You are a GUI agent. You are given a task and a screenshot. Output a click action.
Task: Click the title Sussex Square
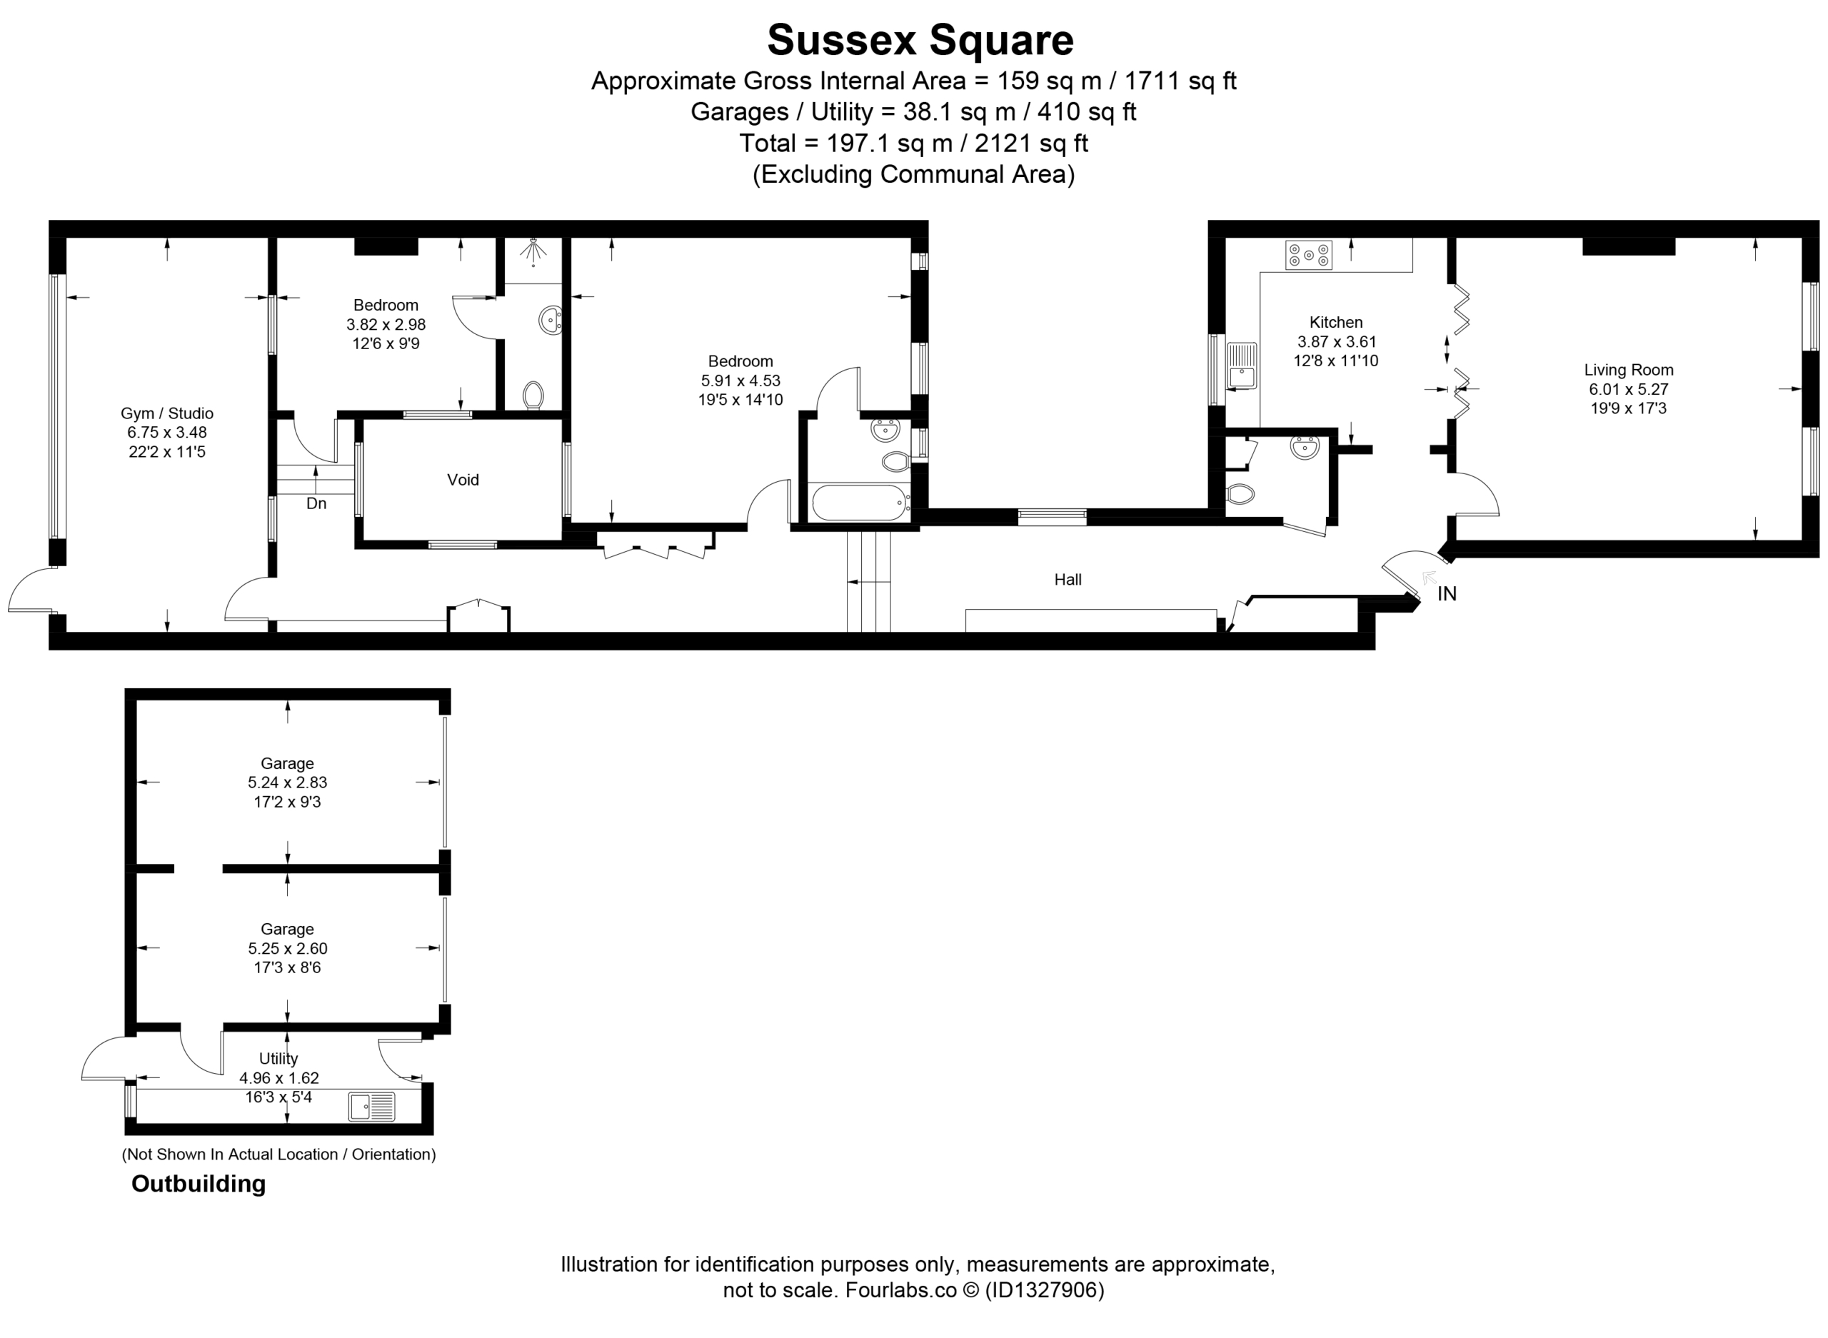coord(920,41)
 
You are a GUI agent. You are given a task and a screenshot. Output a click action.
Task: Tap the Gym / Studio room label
coord(167,413)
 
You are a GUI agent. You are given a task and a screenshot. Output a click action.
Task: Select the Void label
coord(463,480)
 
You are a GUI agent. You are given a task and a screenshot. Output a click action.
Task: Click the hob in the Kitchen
coord(1308,255)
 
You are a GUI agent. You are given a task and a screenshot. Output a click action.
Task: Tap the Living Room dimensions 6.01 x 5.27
coord(1628,389)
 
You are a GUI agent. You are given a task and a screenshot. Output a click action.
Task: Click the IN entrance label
coord(1447,594)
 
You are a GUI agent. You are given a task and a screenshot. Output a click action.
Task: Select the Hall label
coord(1068,579)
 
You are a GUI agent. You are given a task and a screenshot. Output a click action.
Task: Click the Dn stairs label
coord(316,504)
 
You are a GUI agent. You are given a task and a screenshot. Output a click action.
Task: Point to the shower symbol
coord(533,252)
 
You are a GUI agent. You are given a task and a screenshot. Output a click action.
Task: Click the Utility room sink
coord(372,1107)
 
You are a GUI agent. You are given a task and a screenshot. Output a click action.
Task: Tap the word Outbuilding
coord(199,1184)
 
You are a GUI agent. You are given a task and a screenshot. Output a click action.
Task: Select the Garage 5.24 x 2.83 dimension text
coord(287,783)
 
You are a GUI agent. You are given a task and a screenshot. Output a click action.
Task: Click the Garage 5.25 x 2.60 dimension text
coord(287,948)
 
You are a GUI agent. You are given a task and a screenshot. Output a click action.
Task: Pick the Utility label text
coord(278,1059)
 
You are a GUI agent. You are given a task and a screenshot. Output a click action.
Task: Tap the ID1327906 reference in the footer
coord(1043,1289)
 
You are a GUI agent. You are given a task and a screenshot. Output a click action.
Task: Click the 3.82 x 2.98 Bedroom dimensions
coord(386,324)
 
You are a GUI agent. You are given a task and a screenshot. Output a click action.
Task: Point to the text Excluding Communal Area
coord(913,174)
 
